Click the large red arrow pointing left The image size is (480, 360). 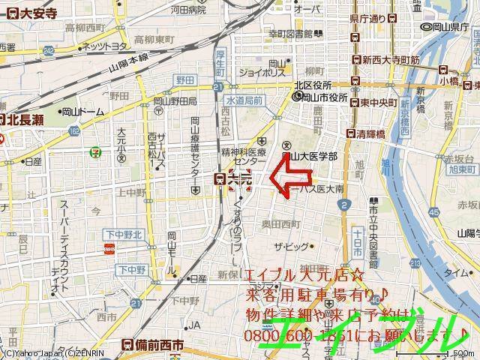pyautogui.click(x=289, y=180)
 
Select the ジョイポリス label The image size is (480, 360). pyautogui.click(x=262, y=73)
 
